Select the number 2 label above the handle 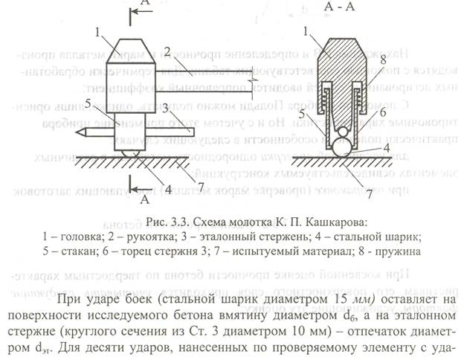(x=170, y=51)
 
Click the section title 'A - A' (x=339, y=8)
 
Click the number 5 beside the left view (x=88, y=105)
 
